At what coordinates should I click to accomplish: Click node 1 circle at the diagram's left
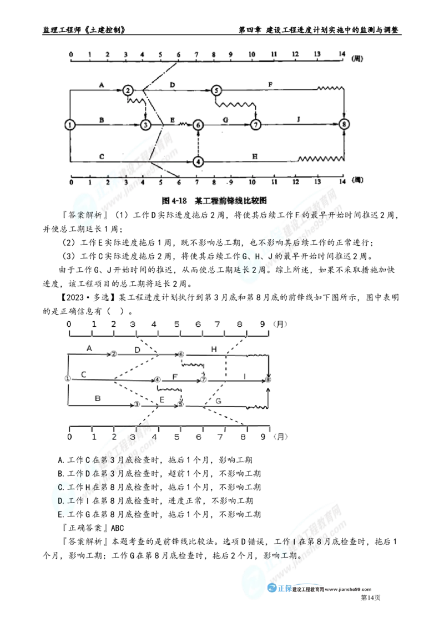click(x=69, y=125)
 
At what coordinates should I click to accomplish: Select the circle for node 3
click(x=145, y=125)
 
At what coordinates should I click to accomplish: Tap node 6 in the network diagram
click(x=198, y=125)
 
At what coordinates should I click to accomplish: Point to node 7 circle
click(x=255, y=125)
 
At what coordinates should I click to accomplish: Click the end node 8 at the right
click(x=345, y=125)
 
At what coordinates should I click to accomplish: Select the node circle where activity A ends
click(x=128, y=90)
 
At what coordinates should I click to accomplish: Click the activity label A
click(x=101, y=85)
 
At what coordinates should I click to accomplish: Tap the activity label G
click(x=225, y=120)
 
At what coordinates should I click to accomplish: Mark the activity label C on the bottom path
click(x=101, y=156)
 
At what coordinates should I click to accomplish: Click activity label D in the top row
click(x=173, y=84)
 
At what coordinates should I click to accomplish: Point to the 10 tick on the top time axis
click(x=253, y=54)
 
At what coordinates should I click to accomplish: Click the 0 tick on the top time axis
click(x=70, y=54)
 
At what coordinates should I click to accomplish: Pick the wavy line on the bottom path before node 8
click(x=321, y=160)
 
